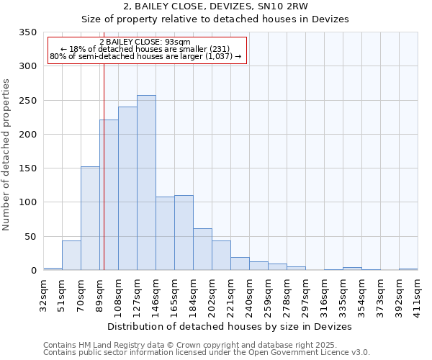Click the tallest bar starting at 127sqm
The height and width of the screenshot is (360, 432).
click(146, 183)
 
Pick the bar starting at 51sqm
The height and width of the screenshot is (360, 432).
click(71, 256)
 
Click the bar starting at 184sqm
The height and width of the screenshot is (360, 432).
click(202, 249)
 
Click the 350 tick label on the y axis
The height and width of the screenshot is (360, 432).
click(27, 32)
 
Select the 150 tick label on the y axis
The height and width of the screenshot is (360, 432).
click(27, 168)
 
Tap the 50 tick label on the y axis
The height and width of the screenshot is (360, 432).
click(30, 236)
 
